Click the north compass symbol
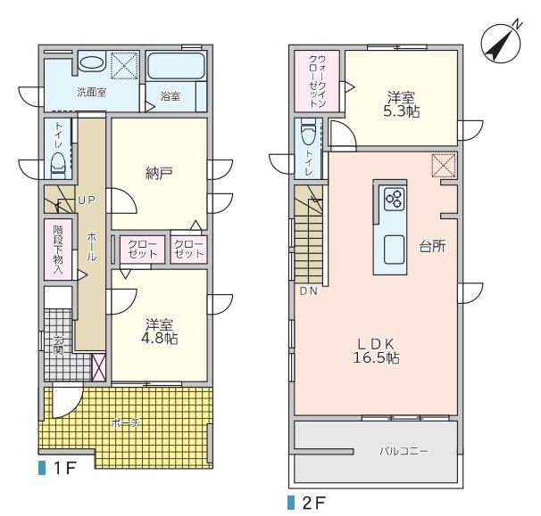pyautogui.click(x=501, y=43)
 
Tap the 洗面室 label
pyautogui.click(x=91, y=93)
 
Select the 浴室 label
pyautogui.click(x=171, y=96)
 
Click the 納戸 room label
pyautogui.click(x=159, y=174)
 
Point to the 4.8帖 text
pyautogui.click(x=160, y=339)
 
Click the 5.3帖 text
pyautogui.click(x=401, y=111)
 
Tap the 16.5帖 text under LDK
pyautogui.click(x=376, y=358)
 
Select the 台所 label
pyautogui.click(x=432, y=246)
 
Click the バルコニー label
pyautogui.click(x=404, y=451)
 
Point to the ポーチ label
pyautogui.click(x=125, y=422)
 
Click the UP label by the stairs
pyautogui.click(x=87, y=201)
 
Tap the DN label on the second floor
pyautogui.click(x=309, y=291)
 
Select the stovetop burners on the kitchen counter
pyautogui.click(x=394, y=199)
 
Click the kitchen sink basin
pyautogui.click(x=394, y=250)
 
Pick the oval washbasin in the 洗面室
pyautogui.click(x=91, y=63)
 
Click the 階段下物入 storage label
pyautogui.click(x=58, y=250)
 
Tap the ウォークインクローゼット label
pyautogui.click(x=318, y=81)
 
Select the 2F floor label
pyautogui.click(x=306, y=503)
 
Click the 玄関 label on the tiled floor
pyautogui.click(x=58, y=346)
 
